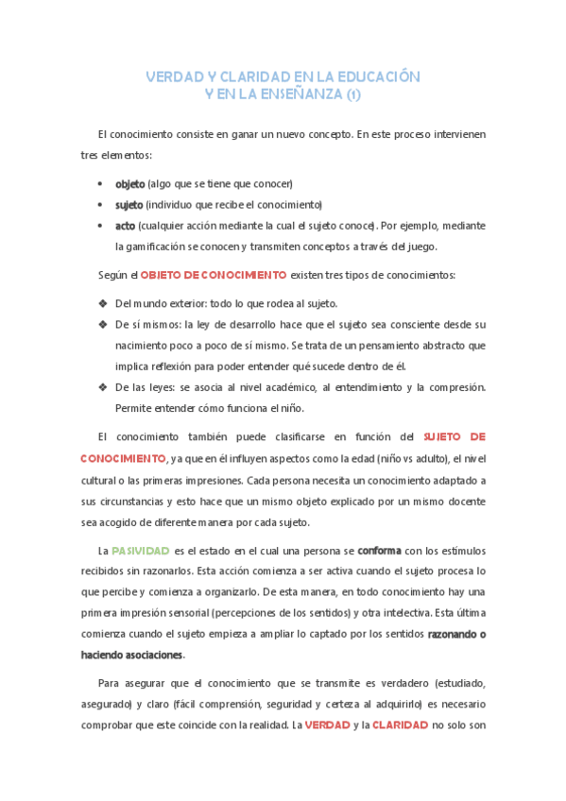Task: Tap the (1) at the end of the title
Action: click(x=352, y=94)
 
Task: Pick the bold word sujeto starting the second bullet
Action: click(x=129, y=205)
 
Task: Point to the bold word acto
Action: click(x=126, y=227)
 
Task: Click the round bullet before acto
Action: click(x=101, y=227)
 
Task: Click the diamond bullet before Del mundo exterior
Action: click(x=102, y=303)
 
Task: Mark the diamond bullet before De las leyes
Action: click(x=102, y=388)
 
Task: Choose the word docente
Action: click(x=462, y=501)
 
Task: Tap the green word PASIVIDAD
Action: click(x=141, y=550)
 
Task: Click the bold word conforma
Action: click(x=383, y=550)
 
